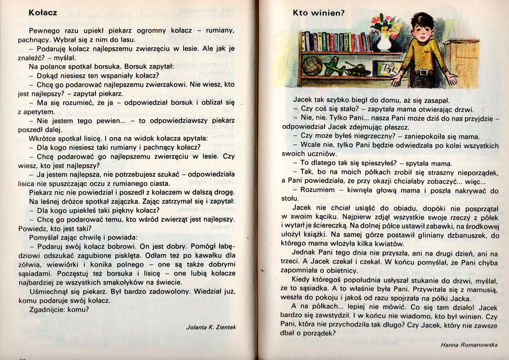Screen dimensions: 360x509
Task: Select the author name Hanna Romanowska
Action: [x=469, y=344]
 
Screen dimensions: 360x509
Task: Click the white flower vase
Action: [x=384, y=42]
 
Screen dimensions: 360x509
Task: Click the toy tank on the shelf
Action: [x=357, y=69]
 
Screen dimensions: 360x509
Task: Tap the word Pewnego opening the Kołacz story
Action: [x=45, y=30]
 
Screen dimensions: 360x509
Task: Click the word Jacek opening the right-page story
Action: [x=303, y=100]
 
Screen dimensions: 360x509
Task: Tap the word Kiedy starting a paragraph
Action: [x=302, y=279]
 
